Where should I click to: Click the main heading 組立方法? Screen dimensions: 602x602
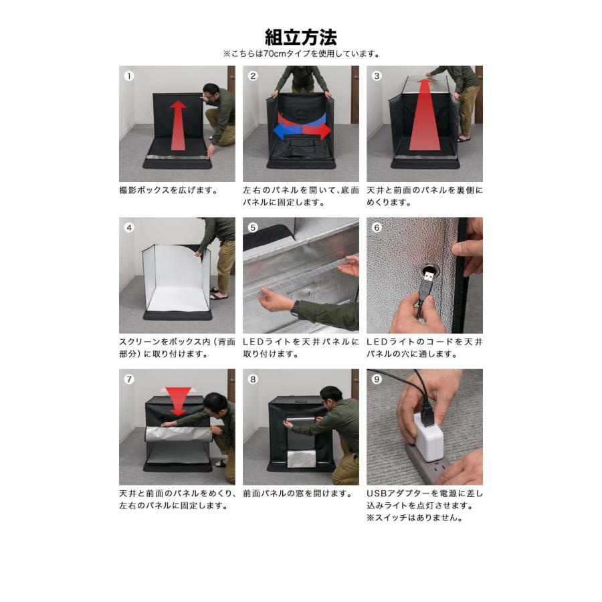pyautogui.click(x=300, y=36)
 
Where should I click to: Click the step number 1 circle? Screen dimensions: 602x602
pyautogui.click(x=129, y=76)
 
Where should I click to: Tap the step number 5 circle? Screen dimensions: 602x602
pyautogui.click(x=253, y=227)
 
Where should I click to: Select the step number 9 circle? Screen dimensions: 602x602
pyautogui.click(x=377, y=379)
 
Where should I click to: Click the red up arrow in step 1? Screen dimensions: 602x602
pyautogui.click(x=178, y=125)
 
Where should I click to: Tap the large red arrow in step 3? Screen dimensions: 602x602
pyautogui.click(x=424, y=117)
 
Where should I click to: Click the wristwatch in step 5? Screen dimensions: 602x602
pyautogui.click(x=294, y=308)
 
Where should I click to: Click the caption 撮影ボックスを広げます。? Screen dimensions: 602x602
pyautogui.click(x=169, y=190)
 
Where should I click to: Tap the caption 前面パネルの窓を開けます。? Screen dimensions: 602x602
pyautogui.click(x=298, y=494)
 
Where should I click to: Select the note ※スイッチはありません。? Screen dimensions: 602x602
pyautogui.click(x=415, y=518)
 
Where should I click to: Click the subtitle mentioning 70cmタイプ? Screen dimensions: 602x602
pyautogui.click(x=300, y=54)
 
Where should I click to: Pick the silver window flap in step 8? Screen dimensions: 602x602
pyautogui.click(x=297, y=458)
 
